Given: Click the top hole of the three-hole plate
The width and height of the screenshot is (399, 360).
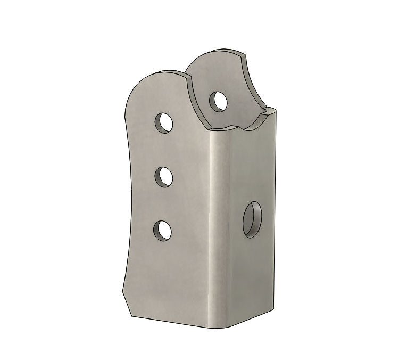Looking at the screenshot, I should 165,123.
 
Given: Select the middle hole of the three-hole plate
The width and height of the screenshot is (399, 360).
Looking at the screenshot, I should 165,177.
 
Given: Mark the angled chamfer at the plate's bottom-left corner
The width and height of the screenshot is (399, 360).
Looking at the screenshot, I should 128,304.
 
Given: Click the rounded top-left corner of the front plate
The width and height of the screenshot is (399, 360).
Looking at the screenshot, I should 139,85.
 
